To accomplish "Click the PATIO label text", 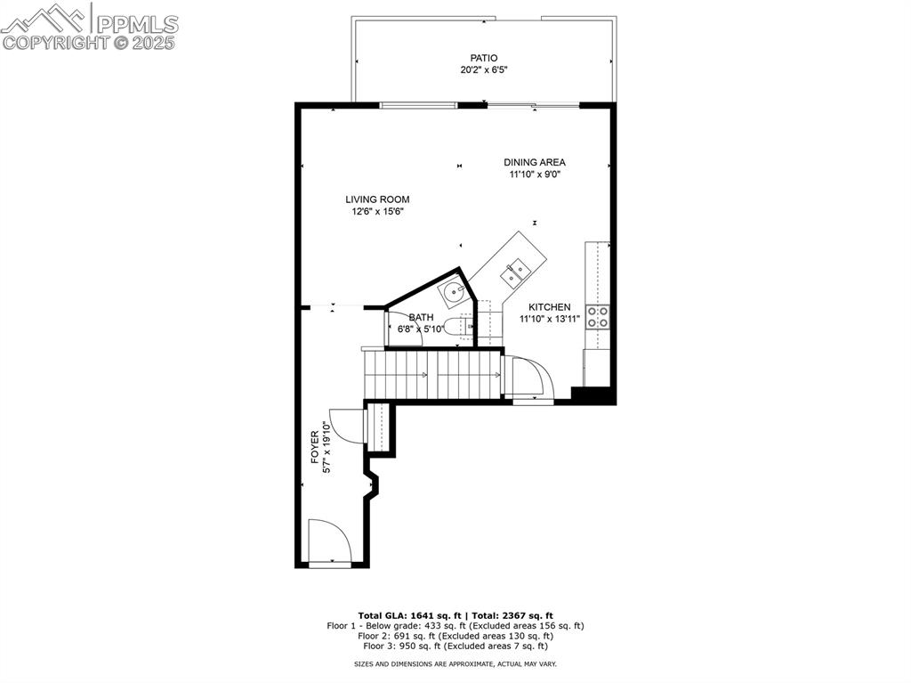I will (x=484, y=58).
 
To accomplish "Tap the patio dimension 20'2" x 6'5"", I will (x=484, y=69).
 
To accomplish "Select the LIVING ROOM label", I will (x=378, y=199).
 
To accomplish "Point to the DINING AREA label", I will (x=535, y=162).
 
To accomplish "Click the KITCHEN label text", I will (x=550, y=307).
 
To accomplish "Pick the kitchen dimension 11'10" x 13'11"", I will (x=550, y=319).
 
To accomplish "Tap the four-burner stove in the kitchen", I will (x=598, y=317).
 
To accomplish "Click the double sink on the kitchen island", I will (x=515, y=272).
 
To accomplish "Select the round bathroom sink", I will (x=455, y=290).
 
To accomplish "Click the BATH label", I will (x=422, y=317).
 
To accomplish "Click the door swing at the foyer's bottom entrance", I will (x=327, y=541).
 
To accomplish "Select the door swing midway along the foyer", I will (x=345, y=424).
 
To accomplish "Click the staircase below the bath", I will (x=434, y=374).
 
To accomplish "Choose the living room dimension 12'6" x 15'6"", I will (x=378, y=212).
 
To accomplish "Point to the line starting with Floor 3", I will (x=455, y=647).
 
